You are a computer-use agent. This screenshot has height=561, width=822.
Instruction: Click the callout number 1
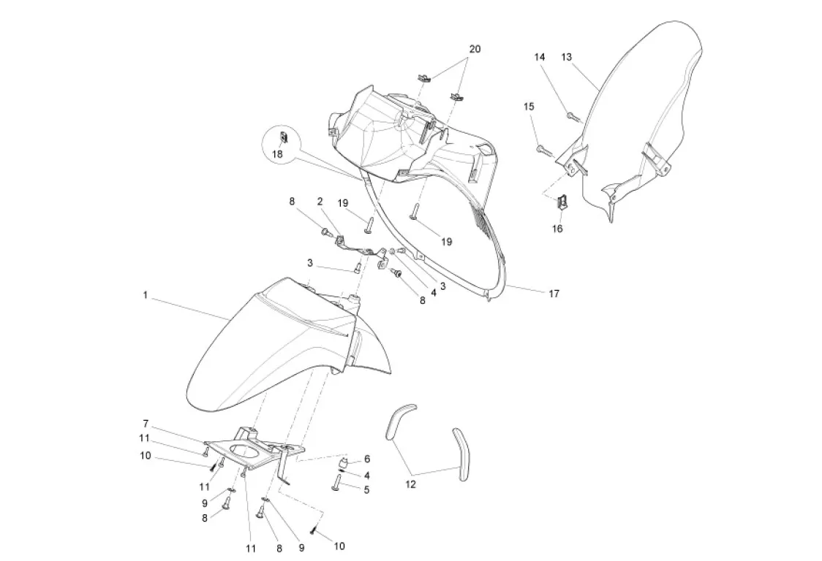(x=146, y=296)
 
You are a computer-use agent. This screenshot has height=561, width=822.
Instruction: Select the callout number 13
(x=567, y=57)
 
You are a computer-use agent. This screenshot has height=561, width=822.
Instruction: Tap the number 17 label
(x=554, y=294)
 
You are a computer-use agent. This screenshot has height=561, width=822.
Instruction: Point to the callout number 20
(x=475, y=49)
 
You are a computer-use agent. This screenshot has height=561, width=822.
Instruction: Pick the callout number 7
(x=146, y=424)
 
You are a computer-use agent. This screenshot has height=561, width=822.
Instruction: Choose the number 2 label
(x=320, y=201)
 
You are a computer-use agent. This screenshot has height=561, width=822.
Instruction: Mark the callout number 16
(x=557, y=228)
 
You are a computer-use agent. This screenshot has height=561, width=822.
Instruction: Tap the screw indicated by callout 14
(x=571, y=114)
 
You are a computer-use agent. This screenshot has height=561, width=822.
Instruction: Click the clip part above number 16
(x=563, y=204)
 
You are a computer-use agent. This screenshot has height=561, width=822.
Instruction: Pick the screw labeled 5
(x=336, y=483)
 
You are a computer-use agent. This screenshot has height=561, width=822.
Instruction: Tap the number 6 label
(x=367, y=459)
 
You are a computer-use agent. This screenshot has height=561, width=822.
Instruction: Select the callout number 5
(x=366, y=489)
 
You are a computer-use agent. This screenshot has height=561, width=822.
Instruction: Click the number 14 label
(x=539, y=57)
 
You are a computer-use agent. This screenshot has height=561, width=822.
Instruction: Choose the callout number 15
(x=529, y=107)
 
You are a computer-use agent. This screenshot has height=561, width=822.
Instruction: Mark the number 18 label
(x=277, y=154)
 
